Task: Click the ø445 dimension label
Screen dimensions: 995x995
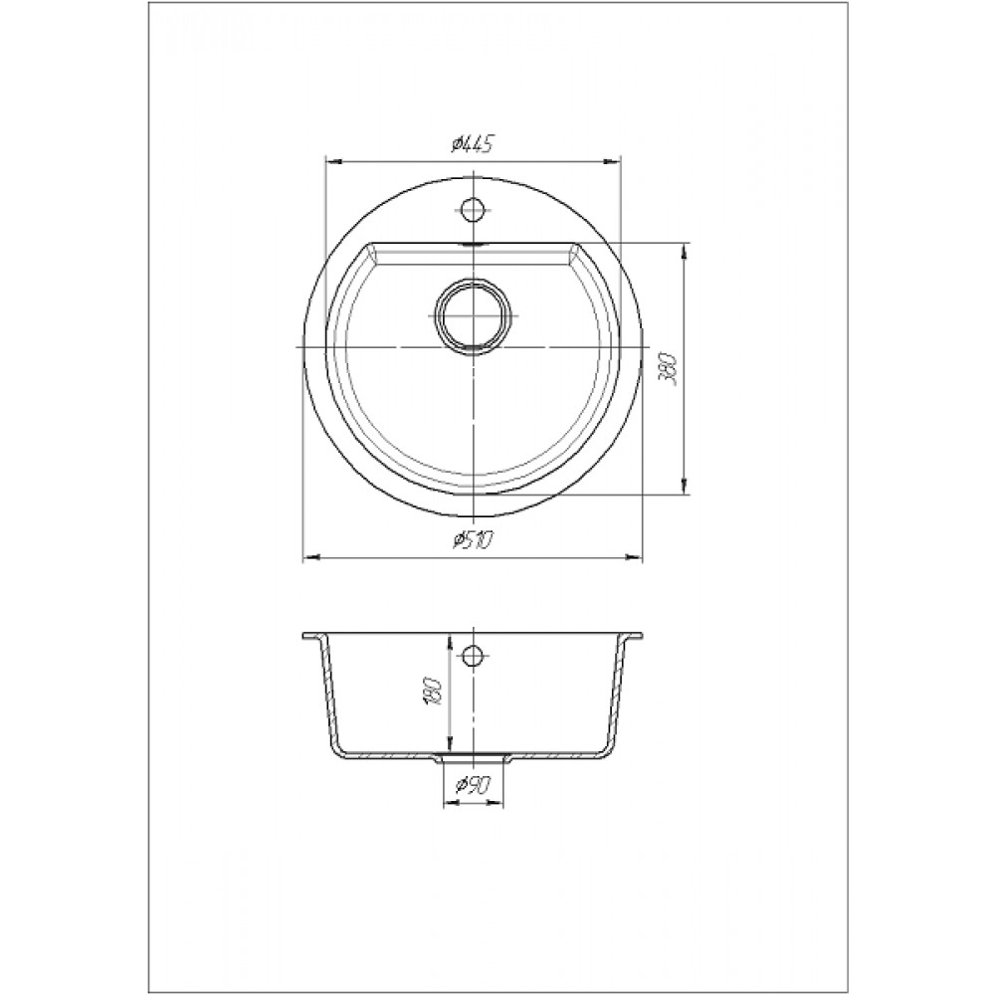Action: [x=473, y=146]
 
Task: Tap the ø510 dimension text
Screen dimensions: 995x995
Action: [x=473, y=540]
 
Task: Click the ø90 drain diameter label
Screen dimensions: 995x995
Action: [x=472, y=787]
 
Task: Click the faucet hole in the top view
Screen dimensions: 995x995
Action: [x=472, y=209]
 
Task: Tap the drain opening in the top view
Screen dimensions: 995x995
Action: [x=472, y=315]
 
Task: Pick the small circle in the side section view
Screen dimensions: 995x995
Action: [x=472, y=656]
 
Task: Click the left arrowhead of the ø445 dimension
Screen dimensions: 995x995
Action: [x=333, y=161]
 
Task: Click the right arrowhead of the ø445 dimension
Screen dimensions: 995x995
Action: [x=611, y=161]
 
